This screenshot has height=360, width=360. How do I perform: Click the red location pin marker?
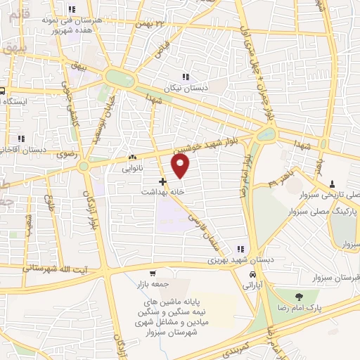tap(181, 166)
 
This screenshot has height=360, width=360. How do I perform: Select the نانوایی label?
tap(132, 169)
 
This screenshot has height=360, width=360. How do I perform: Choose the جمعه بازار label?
tap(153, 283)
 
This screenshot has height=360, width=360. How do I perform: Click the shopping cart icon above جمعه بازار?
tap(153, 273)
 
